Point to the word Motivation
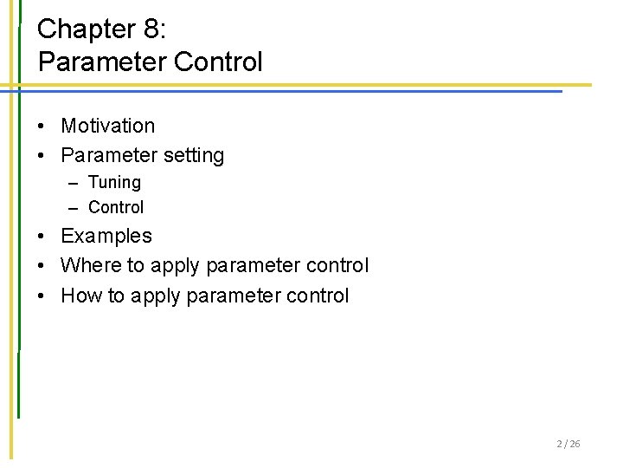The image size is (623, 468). click(108, 126)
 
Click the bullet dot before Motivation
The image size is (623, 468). click(42, 127)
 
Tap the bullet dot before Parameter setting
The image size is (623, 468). click(42, 157)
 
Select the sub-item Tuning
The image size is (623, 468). click(114, 183)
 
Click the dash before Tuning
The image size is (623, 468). click(72, 184)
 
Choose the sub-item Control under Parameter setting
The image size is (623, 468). click(116, 207)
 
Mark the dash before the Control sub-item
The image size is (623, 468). click(72, 208)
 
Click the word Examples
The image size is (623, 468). click(106, 236)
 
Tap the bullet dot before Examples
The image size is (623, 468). click(42, 237)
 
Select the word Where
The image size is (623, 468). click(86, 265)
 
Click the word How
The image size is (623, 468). click(81, 296)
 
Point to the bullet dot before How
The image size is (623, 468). click(42, 296)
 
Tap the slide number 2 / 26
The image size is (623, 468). click(568, 445)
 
